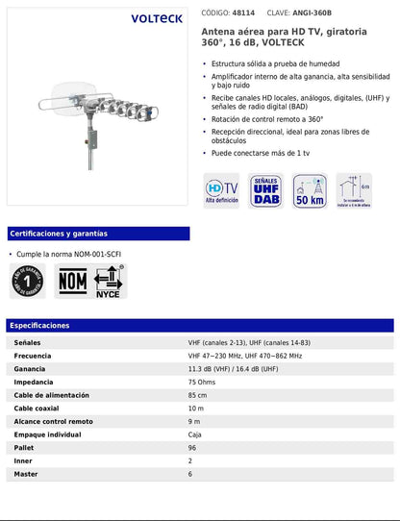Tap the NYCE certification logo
coord(108,282)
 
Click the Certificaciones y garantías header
coord(59,234)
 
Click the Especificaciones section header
coord(39,326)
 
